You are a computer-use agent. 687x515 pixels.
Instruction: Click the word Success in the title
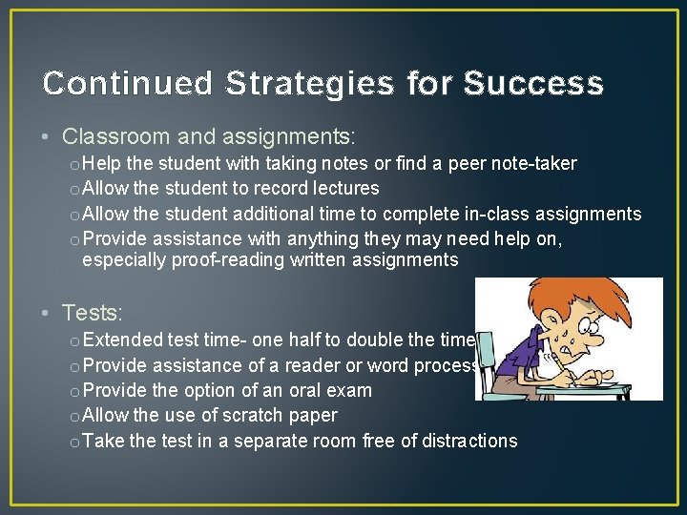tap(533, 84)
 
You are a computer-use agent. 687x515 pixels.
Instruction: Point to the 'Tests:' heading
tap(93, 312)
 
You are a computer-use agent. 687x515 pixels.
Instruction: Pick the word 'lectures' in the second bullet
tap(343, 189)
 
